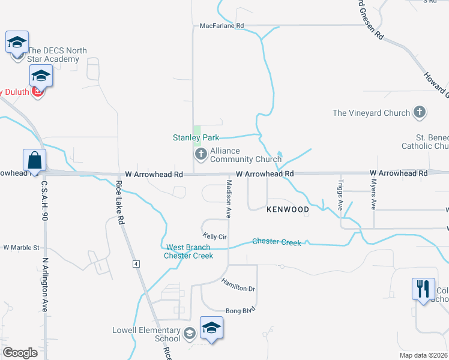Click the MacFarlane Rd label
pos(222,26)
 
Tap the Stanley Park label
pos(196,137)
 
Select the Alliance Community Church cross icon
pos(200,155)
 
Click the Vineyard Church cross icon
pos(420,112)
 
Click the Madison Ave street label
pos(229,198)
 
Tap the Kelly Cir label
pos(214,236)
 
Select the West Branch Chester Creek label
pos(188,251)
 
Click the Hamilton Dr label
pos(238,285)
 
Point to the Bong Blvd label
pos(240,310)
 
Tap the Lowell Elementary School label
pos(146,334)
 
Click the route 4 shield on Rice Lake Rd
pos(136,264)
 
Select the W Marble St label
pos(21,247)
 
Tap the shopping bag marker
pos(34,161)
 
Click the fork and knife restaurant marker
pos(423,289)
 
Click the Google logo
pos(20,353)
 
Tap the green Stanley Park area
pos(196,129)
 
